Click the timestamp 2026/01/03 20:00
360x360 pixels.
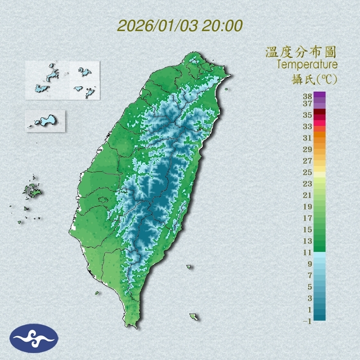180,26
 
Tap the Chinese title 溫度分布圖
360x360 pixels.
301,52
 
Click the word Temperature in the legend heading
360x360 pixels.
307,64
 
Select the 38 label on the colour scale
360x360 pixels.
308,97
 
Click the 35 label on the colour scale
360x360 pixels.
308,115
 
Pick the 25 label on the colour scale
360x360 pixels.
308,172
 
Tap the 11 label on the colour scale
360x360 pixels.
308,252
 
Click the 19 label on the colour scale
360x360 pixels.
308,207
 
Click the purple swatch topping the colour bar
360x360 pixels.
319,94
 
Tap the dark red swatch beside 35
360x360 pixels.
319,112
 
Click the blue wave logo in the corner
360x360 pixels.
34,338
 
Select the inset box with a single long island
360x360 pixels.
45,121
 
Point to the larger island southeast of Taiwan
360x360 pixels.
194,317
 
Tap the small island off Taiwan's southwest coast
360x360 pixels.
97,292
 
